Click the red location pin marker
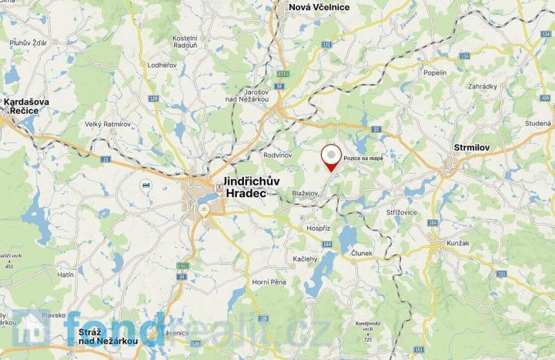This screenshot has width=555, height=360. pos(332,156)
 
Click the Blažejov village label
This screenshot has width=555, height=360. pos(306,194)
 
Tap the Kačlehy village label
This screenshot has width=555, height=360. pos(305,259)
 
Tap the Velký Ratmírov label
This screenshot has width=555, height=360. pos(105,125)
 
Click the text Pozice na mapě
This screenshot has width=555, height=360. pos(363,157)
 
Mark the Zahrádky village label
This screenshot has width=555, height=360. pos(481,87)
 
